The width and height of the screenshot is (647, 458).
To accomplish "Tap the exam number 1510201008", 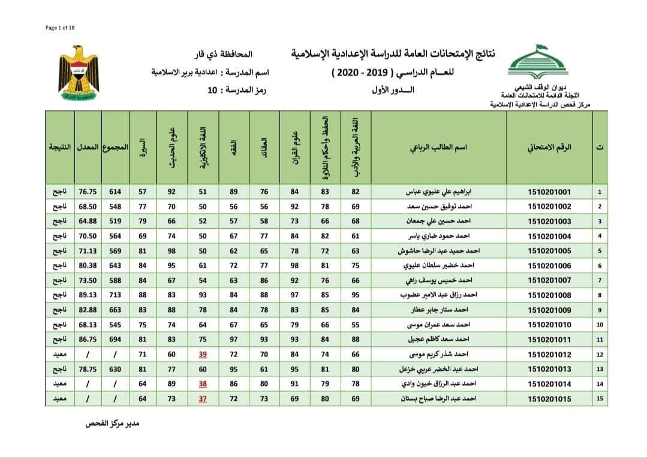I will click(x=549, y=295).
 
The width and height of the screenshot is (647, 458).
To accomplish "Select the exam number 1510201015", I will click(x=549, y=400).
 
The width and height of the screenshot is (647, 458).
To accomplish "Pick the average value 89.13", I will click(x=88, y=295).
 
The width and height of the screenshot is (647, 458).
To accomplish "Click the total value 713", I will click(x=115, y=295).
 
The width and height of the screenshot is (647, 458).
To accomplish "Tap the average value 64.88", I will click(x=88, y=221).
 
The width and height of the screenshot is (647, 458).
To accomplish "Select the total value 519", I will click(x=115, y=221).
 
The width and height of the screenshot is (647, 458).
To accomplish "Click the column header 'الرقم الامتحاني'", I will click(x=549, y=147).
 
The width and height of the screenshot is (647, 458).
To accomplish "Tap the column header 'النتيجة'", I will click(x=59, y=147).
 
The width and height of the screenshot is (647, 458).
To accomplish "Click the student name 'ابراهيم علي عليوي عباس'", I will click(x=440, y=192).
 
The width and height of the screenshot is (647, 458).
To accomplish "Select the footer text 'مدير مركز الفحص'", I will click(x=112, y=423).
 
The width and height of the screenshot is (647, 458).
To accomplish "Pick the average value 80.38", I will click(x=88, y=265).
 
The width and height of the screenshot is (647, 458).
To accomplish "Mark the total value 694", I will click(x=115, y=340).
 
